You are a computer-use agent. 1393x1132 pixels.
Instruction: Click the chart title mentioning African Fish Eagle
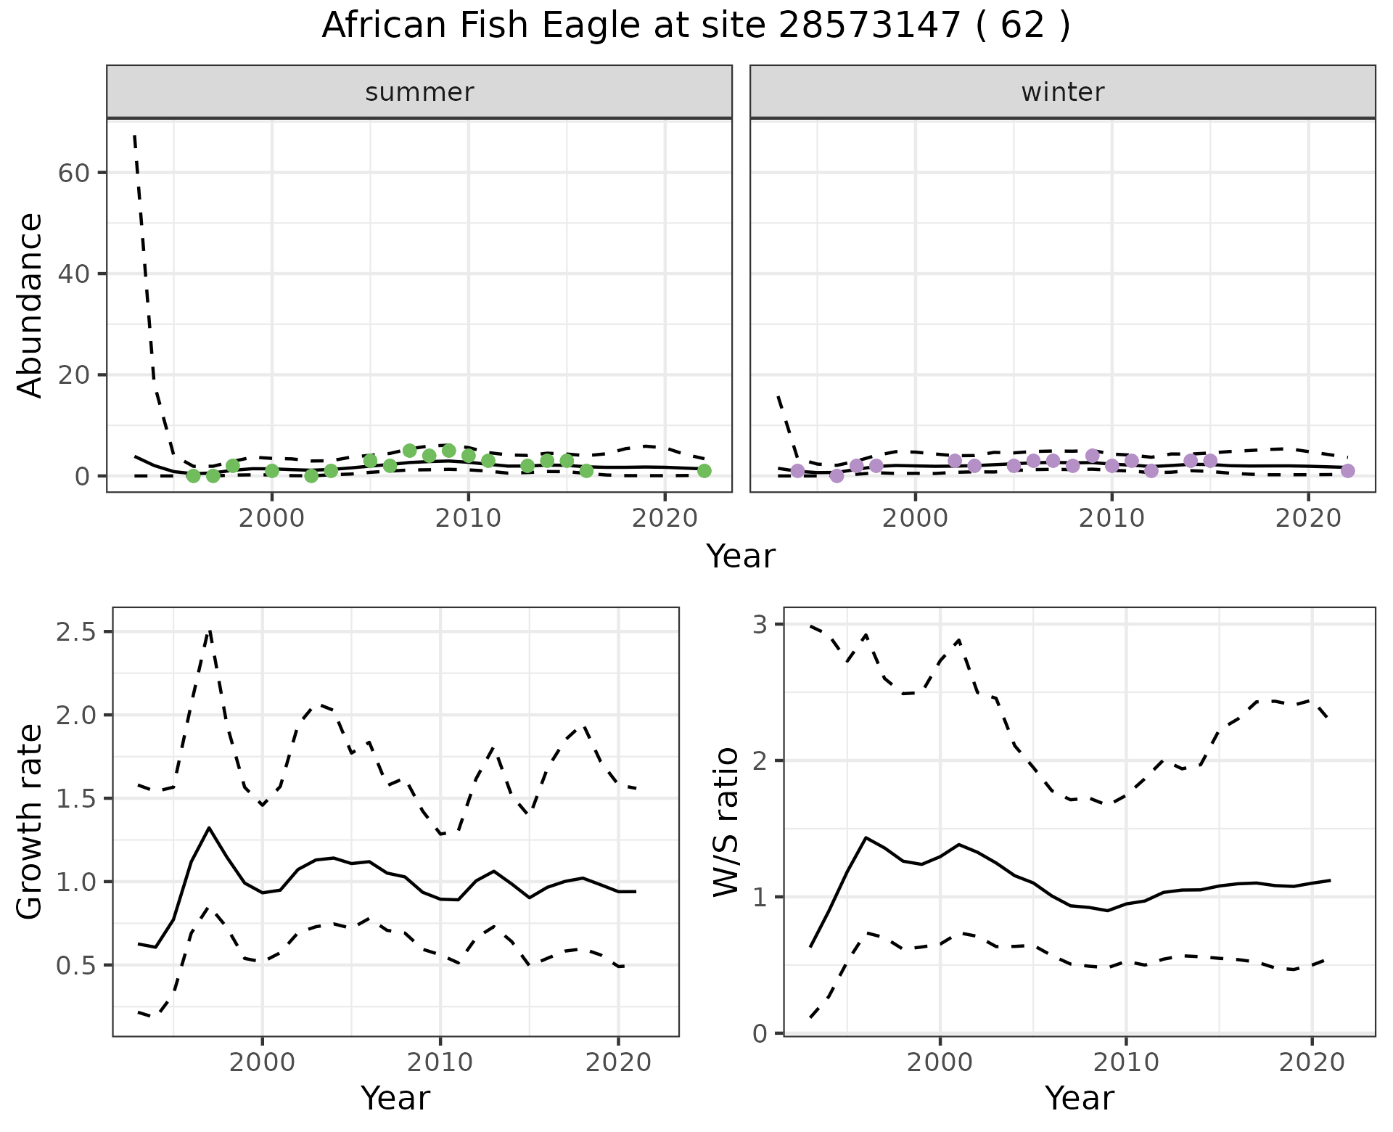696,26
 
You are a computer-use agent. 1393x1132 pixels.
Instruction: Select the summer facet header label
419,92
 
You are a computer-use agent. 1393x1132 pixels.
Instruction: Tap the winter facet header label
1062,92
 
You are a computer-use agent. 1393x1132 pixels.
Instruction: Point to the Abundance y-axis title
30,305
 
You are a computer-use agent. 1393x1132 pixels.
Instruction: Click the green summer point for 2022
704,471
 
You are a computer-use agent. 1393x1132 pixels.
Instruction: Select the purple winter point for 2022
1347,471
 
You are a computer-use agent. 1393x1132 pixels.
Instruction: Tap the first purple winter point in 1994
797,471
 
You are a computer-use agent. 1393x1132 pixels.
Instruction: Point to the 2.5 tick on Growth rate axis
75,632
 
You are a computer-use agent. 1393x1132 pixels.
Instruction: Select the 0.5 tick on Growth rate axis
75,966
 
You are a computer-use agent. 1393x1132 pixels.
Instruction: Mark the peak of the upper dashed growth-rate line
210,631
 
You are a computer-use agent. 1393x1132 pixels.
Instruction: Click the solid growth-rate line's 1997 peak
209,828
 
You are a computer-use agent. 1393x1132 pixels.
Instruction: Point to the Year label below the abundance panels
740,557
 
